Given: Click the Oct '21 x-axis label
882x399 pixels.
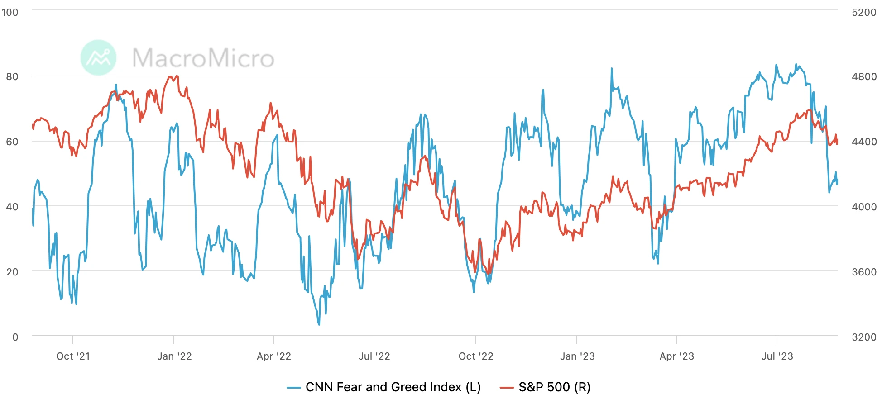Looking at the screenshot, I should click(73, 356).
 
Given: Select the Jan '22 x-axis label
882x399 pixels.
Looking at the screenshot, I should click(174, 356).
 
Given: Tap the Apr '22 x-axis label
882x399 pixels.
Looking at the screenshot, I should click(273, 356).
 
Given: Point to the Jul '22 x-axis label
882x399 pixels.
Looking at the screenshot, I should click(374, 356).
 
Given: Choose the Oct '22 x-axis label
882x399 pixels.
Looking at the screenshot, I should click(475, 356).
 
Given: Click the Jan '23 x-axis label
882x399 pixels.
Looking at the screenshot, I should click(577, 356).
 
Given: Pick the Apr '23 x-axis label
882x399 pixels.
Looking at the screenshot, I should click(676, 356).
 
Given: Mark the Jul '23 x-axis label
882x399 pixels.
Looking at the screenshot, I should click(777, 356).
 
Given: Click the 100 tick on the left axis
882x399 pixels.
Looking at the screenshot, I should click(10, 12).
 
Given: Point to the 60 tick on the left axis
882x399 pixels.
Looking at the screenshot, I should click(12, 142).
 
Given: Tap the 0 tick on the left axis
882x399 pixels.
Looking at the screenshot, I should click(15, 337).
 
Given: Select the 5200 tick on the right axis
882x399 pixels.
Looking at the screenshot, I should click(864, 12).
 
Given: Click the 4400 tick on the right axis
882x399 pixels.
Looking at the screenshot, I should click(864, 142).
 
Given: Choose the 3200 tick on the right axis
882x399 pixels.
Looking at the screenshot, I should click(864, 337).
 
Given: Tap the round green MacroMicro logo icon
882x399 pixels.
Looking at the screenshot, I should click(98, 58).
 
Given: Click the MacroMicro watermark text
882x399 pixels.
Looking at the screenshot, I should click(203, 58).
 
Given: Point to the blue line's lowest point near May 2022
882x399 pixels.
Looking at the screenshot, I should click(319, 324).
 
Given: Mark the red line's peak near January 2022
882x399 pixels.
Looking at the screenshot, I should click(176, 76).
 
